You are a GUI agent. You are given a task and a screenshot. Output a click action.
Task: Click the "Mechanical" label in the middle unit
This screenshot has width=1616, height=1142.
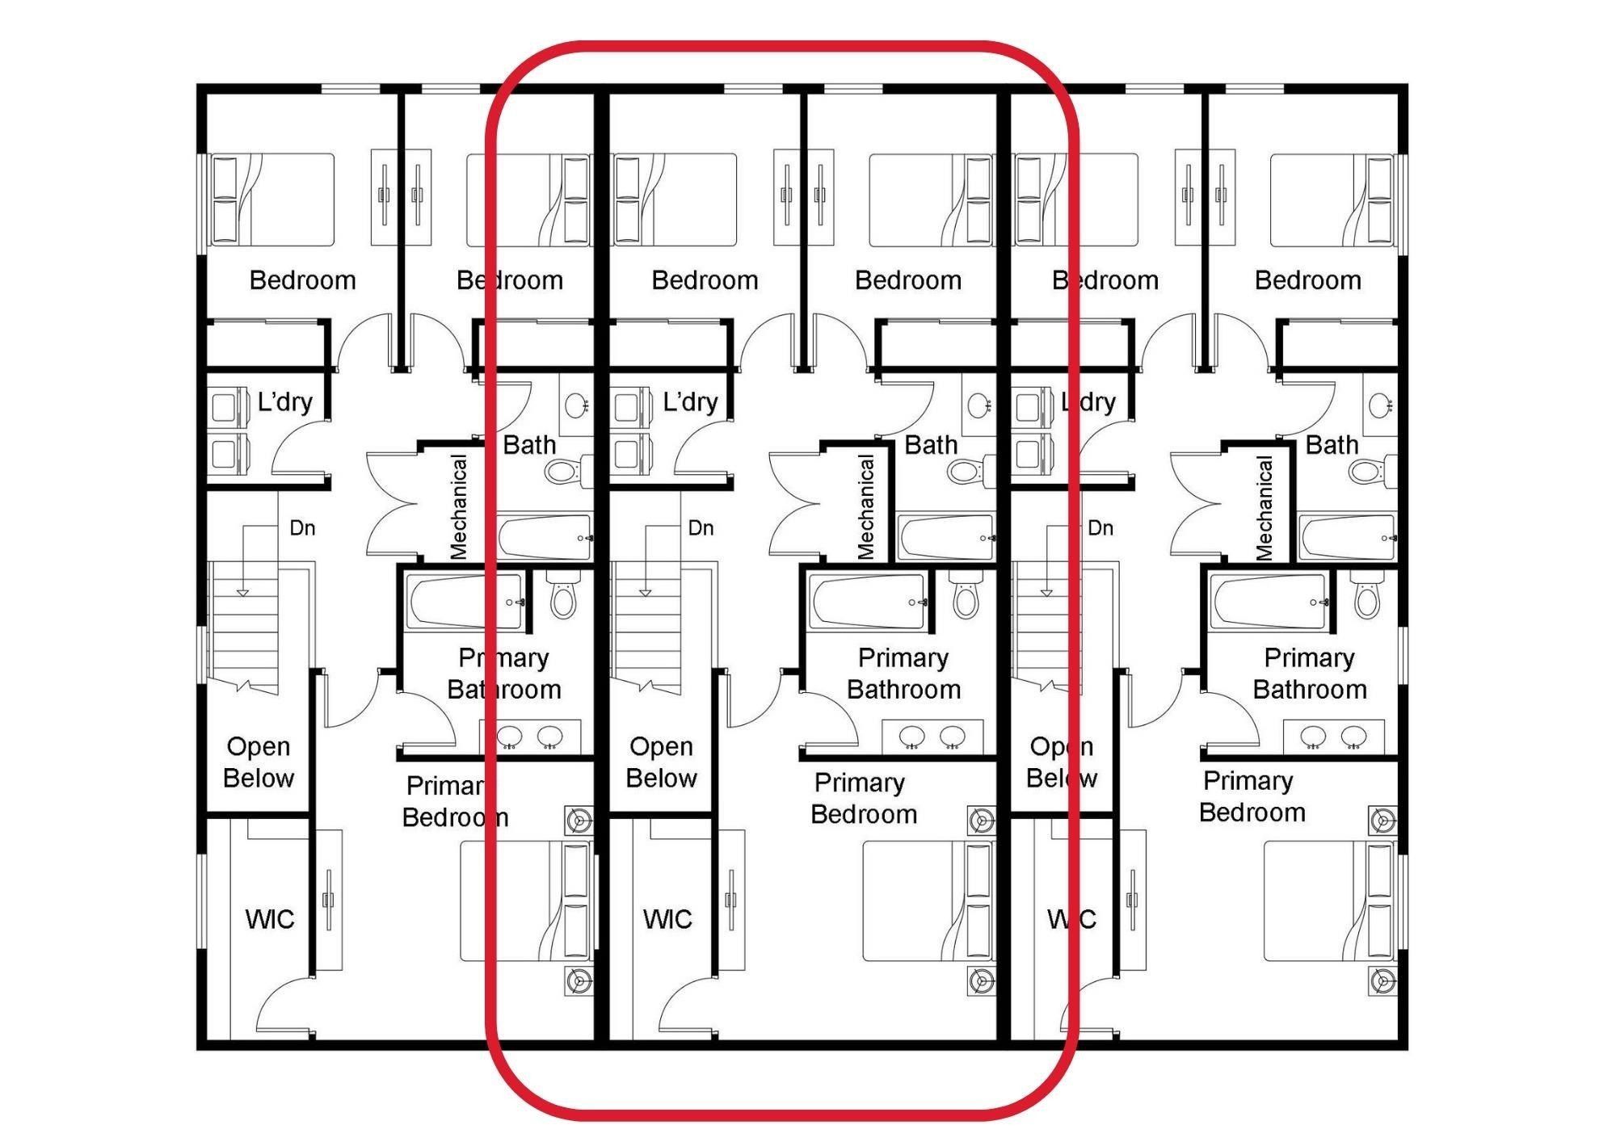tap(865, 507)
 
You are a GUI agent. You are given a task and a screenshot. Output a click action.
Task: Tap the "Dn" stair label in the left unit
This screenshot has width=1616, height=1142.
tap(302, 528)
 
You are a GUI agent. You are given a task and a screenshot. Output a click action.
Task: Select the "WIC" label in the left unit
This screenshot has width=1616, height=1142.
tap(270, 919)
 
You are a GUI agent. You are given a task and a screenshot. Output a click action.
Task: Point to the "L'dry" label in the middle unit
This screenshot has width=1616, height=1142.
tap(690, 402)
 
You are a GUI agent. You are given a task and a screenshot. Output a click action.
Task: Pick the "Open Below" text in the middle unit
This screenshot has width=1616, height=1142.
tap(661, 762)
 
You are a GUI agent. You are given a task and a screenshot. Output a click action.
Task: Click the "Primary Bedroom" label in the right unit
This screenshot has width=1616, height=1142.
tap(1252, 796)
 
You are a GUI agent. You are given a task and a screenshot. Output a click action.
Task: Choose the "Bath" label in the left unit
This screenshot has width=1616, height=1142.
tap(529, 445)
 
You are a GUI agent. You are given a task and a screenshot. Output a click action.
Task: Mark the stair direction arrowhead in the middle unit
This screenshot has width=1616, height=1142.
tap(645, 593)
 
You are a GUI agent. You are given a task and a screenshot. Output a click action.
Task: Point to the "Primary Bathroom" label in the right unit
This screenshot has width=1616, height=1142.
tap(1310, 674)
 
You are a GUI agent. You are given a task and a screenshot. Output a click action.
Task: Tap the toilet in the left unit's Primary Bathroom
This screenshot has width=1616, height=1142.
tap(562, 594)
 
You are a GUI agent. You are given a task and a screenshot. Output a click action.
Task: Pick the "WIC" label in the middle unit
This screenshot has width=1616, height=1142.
tap(667, 919)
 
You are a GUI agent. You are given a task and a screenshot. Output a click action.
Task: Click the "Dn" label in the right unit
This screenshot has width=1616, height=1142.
tap(1100, 528)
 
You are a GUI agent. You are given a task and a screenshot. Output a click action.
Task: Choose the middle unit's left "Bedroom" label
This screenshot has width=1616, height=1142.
tap(705, 280)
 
